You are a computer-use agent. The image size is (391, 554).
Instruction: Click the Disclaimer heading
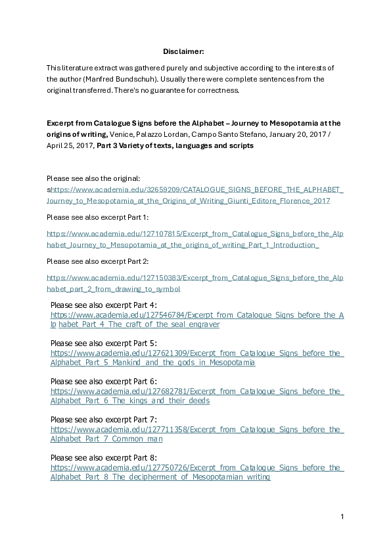pos(183,51)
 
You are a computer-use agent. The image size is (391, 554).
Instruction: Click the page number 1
pos(342,516)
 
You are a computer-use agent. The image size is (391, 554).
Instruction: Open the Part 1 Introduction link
pos(195,239)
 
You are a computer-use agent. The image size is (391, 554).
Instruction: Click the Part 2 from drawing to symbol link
pos(195,283)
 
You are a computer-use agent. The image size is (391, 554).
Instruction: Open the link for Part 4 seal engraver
pos(197,320)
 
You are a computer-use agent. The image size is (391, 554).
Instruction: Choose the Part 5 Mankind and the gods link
pos(197,358)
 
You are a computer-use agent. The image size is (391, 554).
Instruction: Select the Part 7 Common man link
pos(197,434)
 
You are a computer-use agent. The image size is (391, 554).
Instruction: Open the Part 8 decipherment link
pos(197,472)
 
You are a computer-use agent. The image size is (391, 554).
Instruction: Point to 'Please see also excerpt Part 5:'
pos(104,343)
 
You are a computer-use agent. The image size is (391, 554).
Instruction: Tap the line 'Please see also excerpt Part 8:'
pos(104,457)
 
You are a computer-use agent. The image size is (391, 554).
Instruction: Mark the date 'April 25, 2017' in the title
pos(70,145)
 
